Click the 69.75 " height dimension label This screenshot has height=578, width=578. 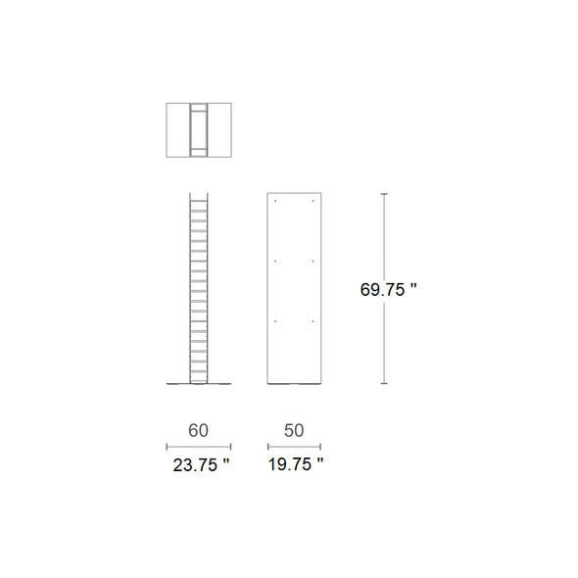point(388,289)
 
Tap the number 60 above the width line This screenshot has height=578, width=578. point(198,430)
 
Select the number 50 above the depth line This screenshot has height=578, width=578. point(294,430)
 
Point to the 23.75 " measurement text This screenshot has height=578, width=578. point(201,464)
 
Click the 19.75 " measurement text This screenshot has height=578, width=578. point(296,464)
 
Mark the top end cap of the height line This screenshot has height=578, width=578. point(384,194)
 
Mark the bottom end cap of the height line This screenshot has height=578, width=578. point(384,383)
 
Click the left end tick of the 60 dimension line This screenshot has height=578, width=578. point(167,447)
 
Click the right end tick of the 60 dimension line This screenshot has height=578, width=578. point(230,447)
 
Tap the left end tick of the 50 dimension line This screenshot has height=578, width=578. point(268,447)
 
